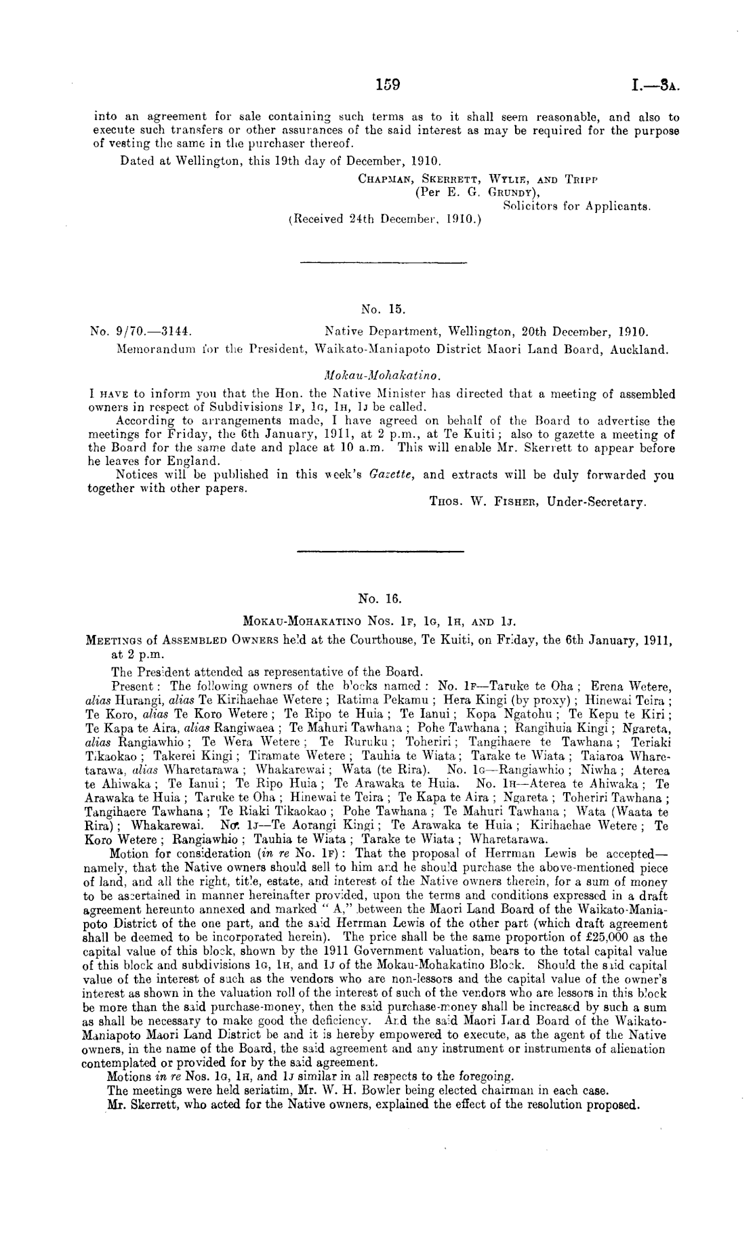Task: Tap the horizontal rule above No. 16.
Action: tap(380, 550)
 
